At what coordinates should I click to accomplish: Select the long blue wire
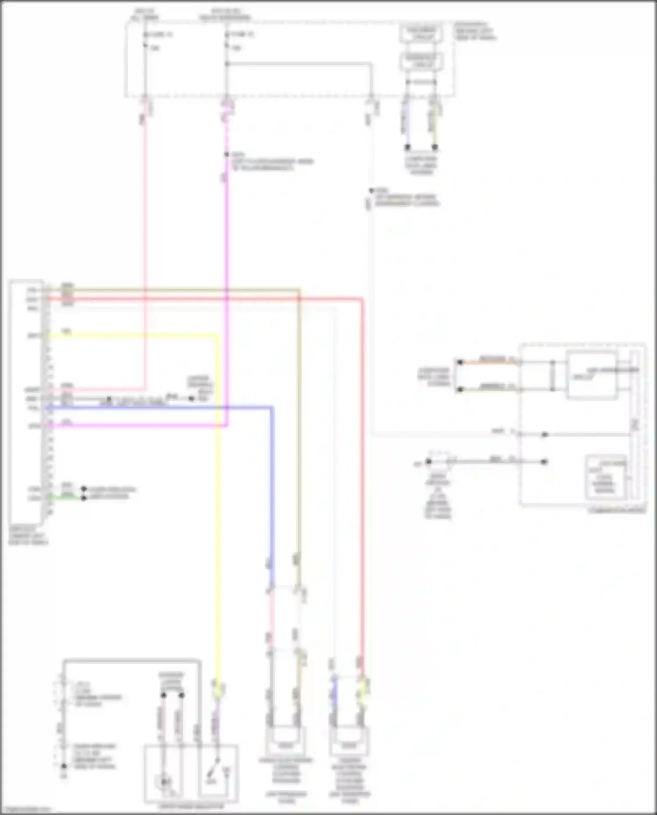[x=272, y=482]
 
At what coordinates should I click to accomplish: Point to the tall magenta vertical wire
[x=226, y=263]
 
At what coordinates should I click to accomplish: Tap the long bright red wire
[x=363, y=482]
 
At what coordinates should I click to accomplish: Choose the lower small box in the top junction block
[x=420, y=62]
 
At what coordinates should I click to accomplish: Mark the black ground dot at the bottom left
[x=64, y=766]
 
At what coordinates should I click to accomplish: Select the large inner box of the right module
[x=591, y=375]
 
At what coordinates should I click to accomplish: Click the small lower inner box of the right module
[x=605, y=478]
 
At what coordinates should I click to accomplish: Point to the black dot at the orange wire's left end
[x=460, y=362]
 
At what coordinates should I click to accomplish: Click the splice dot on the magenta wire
[x=226, y=155]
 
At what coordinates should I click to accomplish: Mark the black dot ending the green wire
[x=84, y=498]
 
